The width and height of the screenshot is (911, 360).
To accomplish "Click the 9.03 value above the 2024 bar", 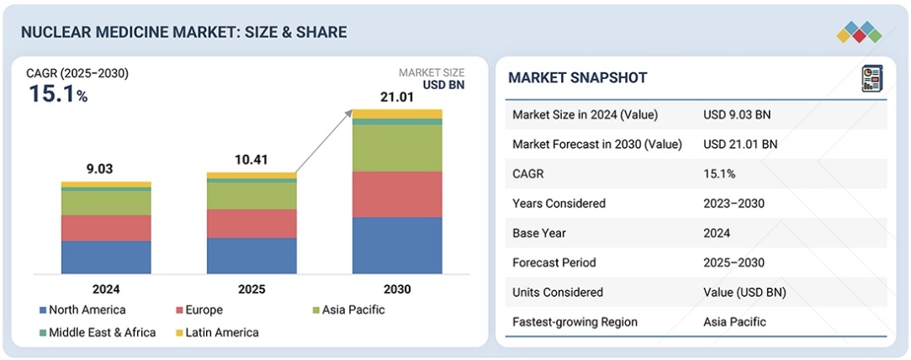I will coord(99,169).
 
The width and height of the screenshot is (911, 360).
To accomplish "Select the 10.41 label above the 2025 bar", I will coord(252,160).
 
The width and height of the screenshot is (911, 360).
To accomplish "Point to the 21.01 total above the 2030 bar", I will coord(397,98).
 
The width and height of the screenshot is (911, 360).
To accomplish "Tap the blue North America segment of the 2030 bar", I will coord(397,245).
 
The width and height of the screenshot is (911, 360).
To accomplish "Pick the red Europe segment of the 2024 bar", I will coord(106,228).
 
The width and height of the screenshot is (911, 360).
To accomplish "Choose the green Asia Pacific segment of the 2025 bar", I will coord(252,196).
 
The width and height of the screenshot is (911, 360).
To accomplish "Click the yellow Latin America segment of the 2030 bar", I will coord(397,114).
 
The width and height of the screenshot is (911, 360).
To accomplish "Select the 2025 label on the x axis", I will coord(252,289).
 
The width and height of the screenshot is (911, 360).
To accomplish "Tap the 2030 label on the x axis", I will coord(397,289).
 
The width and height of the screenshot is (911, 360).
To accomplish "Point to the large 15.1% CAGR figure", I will coord(57,93).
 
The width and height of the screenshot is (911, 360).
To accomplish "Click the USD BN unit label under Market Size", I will coord(443,85).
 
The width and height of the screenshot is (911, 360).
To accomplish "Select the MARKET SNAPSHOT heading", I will coord(578,78).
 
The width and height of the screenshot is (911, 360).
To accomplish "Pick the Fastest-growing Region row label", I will coord(575,321).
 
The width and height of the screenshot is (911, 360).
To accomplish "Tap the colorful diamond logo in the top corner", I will coord(859,33).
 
